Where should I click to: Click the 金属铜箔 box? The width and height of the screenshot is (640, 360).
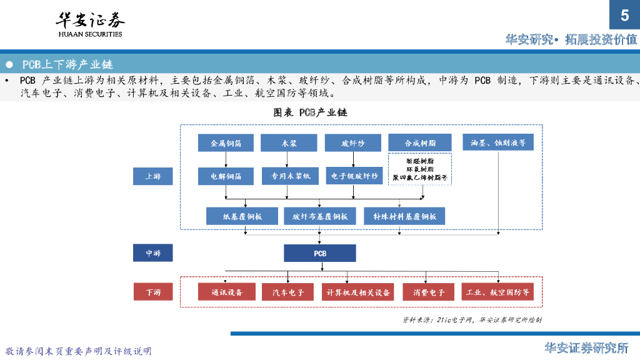click(x=226, y=143)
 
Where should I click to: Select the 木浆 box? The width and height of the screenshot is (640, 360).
click(x=289, y=143)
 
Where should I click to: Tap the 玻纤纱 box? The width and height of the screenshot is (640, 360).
click(x=352, y=143)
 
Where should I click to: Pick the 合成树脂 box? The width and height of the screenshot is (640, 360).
click(x=420, y=143)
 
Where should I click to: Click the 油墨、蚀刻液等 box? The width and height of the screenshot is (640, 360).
click(x=498, y=143)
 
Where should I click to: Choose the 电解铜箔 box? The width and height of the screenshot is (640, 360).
click(x=226, y=176)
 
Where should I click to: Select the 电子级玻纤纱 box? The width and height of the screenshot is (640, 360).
click(x=354, y=176)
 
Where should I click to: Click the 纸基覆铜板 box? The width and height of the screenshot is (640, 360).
click(x=242, y=216)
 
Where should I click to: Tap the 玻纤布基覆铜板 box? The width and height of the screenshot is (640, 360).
click(x=320, y=216)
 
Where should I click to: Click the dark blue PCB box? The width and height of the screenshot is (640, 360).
click(x=320, y=253)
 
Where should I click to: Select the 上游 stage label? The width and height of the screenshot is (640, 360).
click(x=153, y=176)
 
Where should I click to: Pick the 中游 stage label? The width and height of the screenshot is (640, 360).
click(x=153, y=253)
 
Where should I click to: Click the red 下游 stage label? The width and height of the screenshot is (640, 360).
click(x=153, y=292)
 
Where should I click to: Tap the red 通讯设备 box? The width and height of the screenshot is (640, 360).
click(x=227, y=292)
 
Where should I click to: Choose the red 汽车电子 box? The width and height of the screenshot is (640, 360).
click(x=288, y=292)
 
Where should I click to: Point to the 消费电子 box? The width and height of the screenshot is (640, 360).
click(x=428, y=292)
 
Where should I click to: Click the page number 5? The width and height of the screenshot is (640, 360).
click(x=624, y=16)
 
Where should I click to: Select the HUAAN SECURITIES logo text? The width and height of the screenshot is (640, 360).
click(x=91, y=34)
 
